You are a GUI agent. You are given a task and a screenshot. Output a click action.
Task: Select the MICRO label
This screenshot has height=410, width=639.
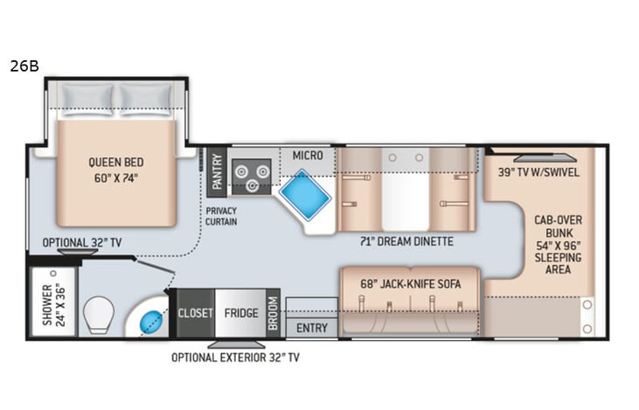coord(308,156)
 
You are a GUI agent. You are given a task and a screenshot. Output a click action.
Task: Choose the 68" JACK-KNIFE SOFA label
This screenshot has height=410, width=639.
coord(410,284)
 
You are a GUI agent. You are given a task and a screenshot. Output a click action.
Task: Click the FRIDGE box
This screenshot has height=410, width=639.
coord(240,313)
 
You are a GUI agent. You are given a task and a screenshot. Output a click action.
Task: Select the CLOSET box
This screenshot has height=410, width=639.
coord(195,313)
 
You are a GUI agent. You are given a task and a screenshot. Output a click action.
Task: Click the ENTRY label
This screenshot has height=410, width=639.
coord(311,328)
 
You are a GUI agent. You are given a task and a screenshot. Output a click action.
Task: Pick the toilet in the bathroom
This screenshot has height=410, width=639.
coord(98,314)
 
